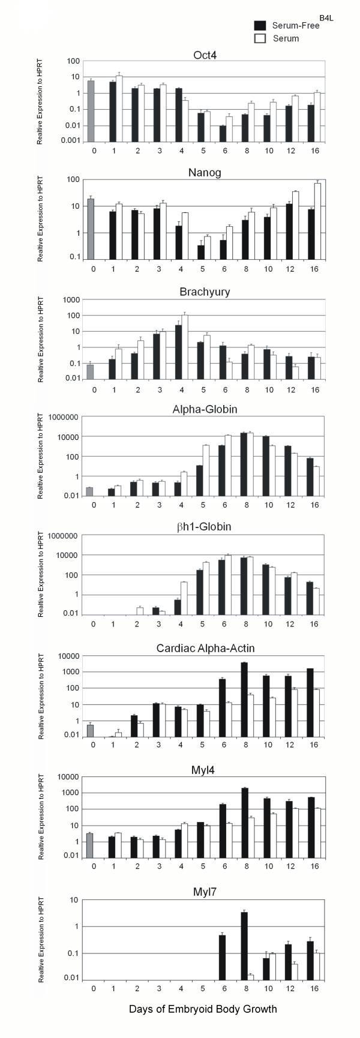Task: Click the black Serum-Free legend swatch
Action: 260,25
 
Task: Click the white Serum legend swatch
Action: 260,38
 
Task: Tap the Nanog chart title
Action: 203,170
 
